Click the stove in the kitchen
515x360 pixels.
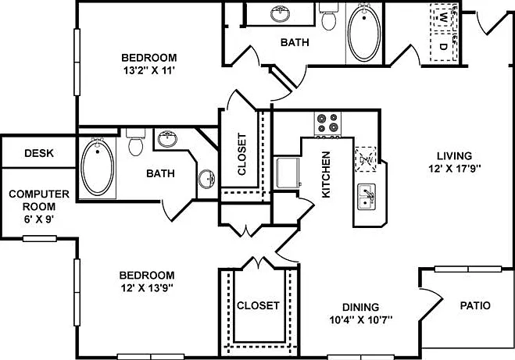click(327, 124)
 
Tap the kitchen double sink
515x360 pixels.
click(367, 196)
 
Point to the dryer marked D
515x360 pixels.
click(443, 46)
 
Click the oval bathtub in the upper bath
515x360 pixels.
click(364, 33)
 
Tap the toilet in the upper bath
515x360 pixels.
click(329, 16)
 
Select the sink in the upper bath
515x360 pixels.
click(280, 14)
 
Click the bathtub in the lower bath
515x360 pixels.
click(98, 167)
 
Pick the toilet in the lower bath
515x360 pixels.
click(136, 142)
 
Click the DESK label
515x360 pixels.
click(39, 153)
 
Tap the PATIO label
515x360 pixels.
click(475, 305)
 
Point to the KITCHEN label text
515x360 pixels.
click(326, 175)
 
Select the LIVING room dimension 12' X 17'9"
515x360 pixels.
click(455, 169)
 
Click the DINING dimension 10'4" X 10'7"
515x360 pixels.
click(361, 319)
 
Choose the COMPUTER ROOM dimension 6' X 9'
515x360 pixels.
click(39, 219)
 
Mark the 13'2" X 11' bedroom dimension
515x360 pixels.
click(148, 70)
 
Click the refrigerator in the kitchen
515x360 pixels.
click(288, 173)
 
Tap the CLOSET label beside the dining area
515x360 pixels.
click(258, 305)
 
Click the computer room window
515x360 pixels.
click(40, 239)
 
